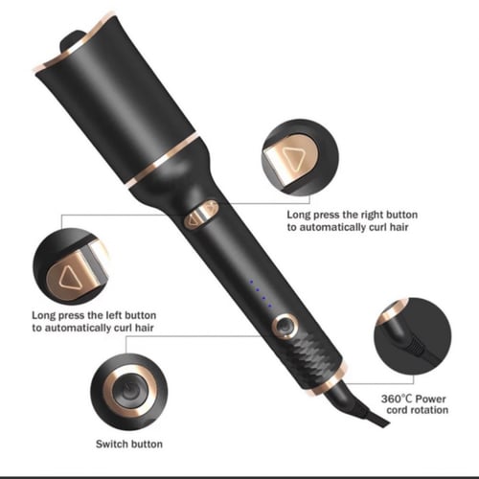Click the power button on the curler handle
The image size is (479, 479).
(285, 327)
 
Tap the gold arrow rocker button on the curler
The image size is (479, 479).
(201, 215)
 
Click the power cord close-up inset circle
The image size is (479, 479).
(413, 335)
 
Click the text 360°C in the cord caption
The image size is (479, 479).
(397, 399)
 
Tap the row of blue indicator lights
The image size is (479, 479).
(261, 294)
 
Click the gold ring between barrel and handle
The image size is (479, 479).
(164, 160)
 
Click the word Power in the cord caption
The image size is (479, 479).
(431, 399)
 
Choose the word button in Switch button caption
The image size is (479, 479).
(147, 444)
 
